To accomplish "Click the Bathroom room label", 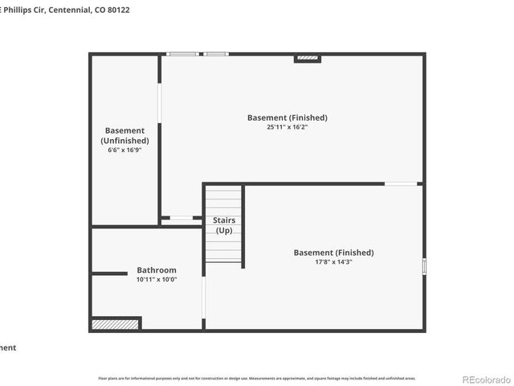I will pos(157,270).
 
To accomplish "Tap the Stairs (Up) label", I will pos(224,225).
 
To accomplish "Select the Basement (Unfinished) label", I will pos(124,135).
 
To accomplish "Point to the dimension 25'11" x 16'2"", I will pos(288,127).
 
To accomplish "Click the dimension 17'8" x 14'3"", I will pos(333,262).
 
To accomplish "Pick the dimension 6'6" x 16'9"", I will pos(124,150).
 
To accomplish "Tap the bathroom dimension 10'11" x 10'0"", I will pos(157,280).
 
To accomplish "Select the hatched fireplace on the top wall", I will pos(308,58).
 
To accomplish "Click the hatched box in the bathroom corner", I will pos(104,324).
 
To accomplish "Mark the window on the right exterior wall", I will pos(424,265).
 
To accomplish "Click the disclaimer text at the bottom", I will pos(257,378).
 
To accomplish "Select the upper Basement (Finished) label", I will pos(288,117).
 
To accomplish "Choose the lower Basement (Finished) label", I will pos(333,253).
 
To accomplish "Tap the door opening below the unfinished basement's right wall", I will pos(182,218).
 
